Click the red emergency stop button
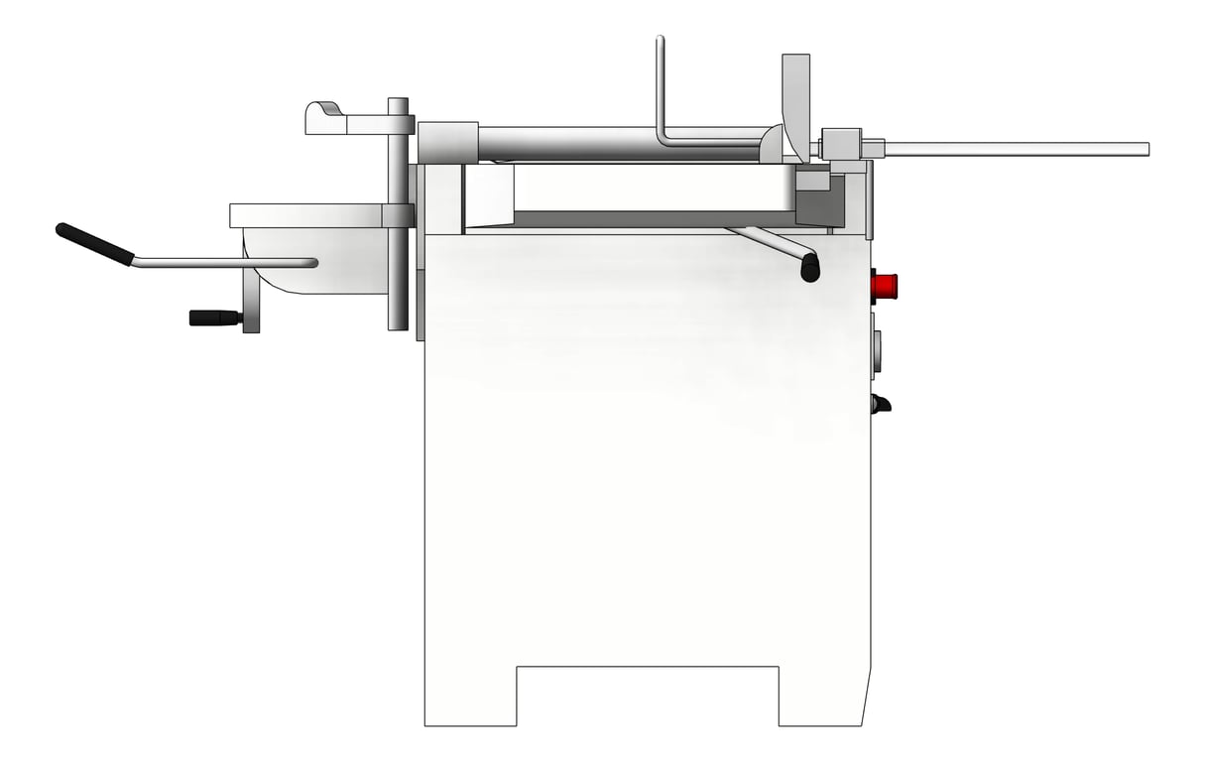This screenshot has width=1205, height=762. (x=884, y=287)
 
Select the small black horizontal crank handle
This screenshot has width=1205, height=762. (x=214, y=317)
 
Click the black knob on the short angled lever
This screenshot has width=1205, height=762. (x=810, y=268)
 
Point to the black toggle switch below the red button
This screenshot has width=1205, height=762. (x=880, y=404)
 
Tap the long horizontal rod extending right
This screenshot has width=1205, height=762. (x=1012, y=149)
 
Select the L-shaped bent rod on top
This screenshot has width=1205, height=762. (x=663, y=109)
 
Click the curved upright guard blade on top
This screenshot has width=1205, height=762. (x=796, y=99)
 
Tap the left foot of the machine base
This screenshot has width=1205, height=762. (x=470, y=695)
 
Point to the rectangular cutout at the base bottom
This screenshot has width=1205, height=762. (x=647, y=695)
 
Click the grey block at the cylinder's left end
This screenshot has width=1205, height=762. (x=447, y=142)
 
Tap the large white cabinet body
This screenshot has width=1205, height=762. (x=647, y=446)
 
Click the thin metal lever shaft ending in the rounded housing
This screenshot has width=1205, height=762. (x=223, y=263)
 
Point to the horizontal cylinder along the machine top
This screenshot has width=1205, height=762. (x=615, y=141)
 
